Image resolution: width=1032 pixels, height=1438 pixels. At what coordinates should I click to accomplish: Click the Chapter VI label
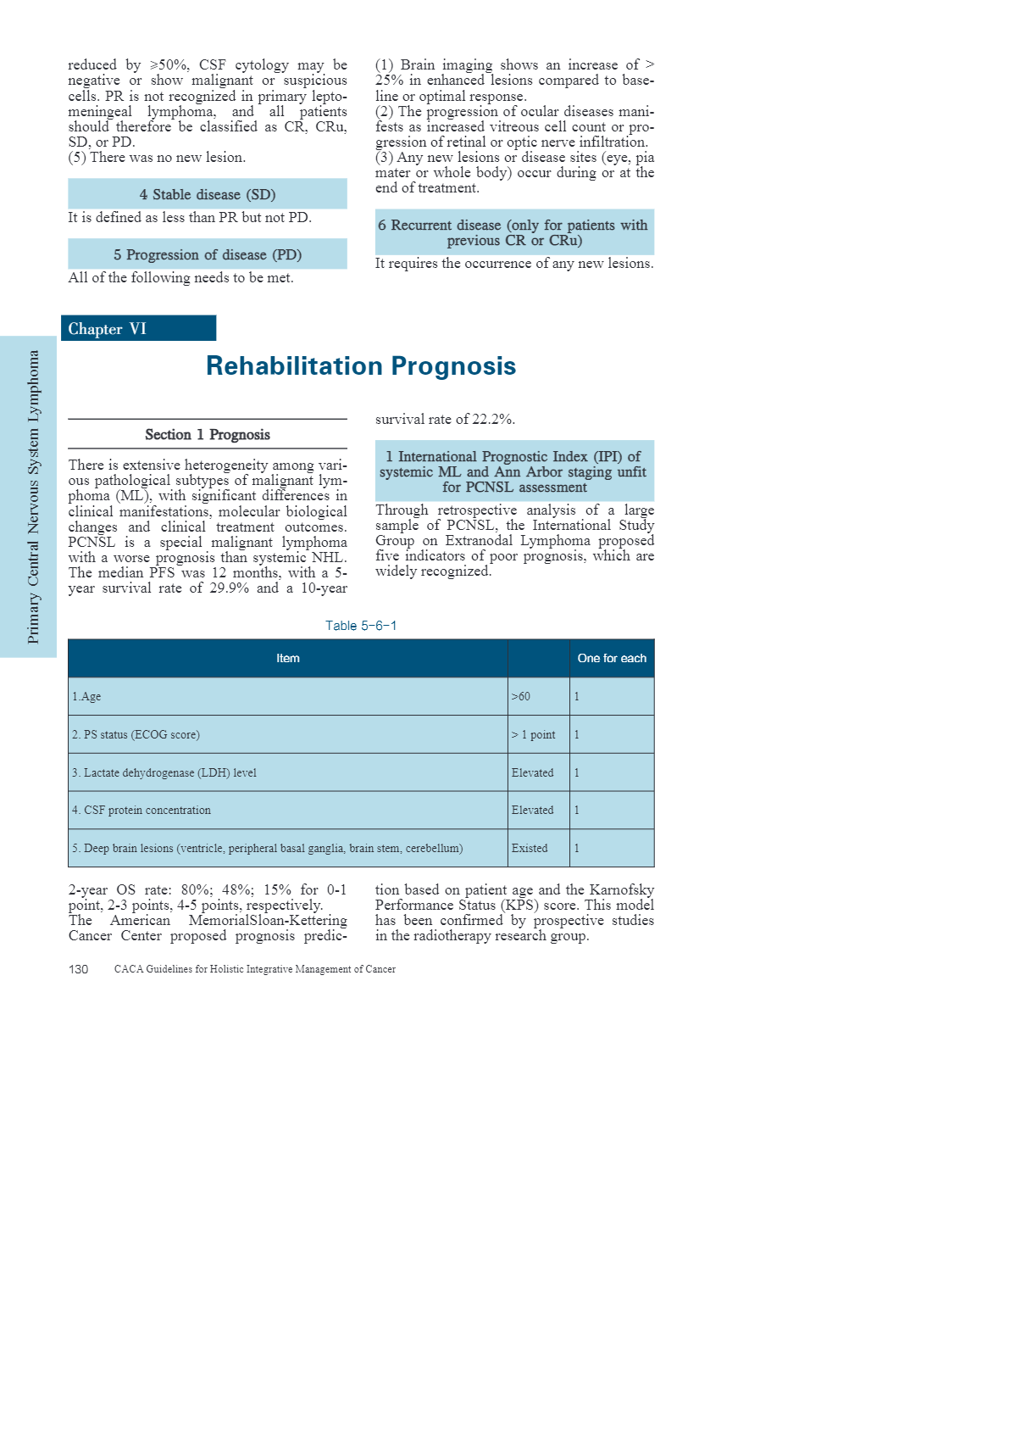[108, 329]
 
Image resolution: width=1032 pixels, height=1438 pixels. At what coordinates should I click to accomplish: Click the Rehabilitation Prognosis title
[361, 366]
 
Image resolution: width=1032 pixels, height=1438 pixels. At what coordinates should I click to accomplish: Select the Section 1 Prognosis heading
[208, 435]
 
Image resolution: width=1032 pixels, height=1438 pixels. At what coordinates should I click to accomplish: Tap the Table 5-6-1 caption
[361, 626]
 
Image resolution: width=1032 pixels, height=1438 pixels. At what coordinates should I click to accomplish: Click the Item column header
[288, 659]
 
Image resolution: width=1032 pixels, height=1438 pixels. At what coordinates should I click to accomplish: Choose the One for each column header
[612, 659]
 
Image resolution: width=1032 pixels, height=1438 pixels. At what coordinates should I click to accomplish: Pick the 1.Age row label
[86, 697]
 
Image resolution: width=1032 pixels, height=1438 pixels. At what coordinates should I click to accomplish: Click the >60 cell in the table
[521, 697]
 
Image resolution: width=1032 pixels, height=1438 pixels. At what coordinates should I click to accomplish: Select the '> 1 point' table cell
[534, 735]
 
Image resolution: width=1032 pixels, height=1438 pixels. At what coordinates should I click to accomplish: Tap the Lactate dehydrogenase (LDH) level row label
[164, 773]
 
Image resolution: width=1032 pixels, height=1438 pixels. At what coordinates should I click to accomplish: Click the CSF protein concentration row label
[141, 811]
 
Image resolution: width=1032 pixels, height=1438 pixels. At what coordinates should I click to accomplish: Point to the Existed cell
[530, 849]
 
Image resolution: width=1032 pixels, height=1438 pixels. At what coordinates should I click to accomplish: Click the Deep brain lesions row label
[267, 849]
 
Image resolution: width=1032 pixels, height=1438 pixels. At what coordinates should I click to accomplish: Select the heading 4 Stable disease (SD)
[208, 194]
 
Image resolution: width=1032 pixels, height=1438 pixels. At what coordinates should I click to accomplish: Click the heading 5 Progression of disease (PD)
[208, 254]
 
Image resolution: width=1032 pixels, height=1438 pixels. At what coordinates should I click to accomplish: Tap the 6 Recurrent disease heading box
[514, 232]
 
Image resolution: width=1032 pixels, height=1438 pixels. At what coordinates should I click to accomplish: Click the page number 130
[78, 970]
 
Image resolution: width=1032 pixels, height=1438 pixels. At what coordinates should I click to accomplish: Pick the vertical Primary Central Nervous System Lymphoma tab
[33, 497]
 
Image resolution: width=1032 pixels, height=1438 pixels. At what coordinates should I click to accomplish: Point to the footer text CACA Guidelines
[255, 970]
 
